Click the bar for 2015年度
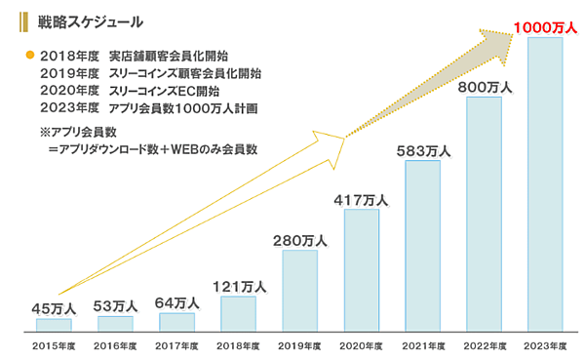pyautogui.click(x=54, y=324)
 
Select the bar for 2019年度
pyautogui.click(x=299, y=289)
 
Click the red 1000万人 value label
pyautogui.click(x=544, y=26)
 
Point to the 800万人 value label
pyautogui.click(x=484, y=87)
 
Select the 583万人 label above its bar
pyautogui.click(x=422, y=150)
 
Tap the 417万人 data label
pyautogui.click(x=361, y=200)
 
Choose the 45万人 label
pyautogui.click(x=54, y=309)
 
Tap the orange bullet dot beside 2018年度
pyautogui.click(x=30, y=55)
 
